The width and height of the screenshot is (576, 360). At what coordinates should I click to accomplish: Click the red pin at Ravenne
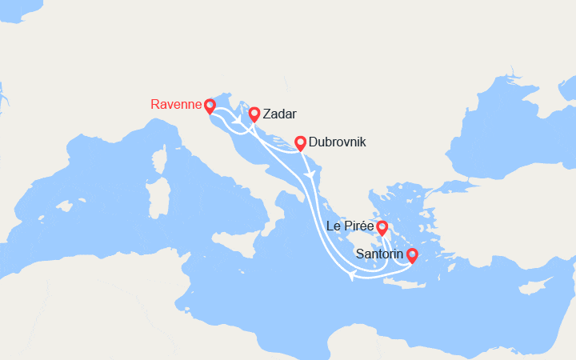pos(210,106)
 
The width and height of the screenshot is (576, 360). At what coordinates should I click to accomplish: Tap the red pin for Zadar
pos(254,114)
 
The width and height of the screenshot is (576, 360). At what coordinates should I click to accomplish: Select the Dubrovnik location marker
pos(300,143)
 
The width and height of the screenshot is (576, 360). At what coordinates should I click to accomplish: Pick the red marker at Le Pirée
pos(382,228)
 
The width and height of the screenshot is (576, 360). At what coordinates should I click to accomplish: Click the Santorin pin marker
pos(412,256)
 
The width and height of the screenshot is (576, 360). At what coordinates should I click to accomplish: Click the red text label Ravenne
pos(175,104)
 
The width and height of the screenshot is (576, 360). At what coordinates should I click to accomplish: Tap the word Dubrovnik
pos(337,142)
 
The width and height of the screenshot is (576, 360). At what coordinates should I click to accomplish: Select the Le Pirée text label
pos(350,226)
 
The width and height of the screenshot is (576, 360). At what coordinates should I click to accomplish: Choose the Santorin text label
pos(380,254)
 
